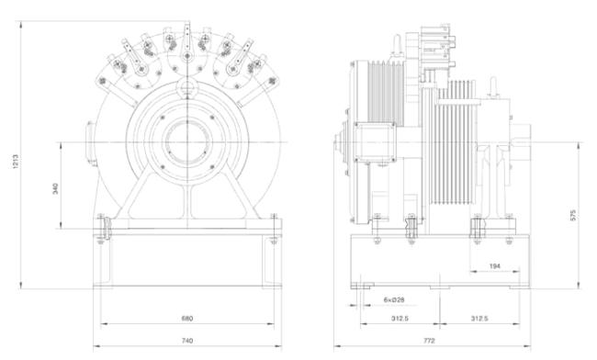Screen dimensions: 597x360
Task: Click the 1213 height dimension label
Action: point(16,162)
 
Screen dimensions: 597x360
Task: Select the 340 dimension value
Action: point(56,189)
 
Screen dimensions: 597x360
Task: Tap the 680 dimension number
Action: point(187,318)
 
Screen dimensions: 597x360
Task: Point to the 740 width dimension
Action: point(187,341)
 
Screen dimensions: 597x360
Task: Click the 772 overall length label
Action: point(429,341)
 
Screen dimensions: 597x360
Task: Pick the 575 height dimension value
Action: point(573,215)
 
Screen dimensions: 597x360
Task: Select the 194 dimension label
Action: point(494,266)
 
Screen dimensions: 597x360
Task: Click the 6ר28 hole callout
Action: point(394,300)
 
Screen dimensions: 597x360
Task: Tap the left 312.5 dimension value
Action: point(400,318)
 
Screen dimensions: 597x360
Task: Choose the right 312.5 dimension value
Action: point(479,318)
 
